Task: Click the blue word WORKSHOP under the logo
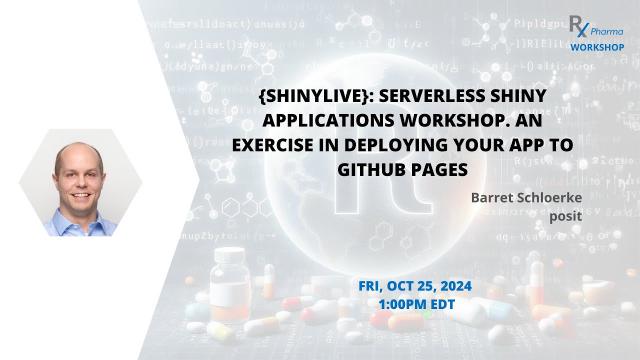[x=598, y=47]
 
